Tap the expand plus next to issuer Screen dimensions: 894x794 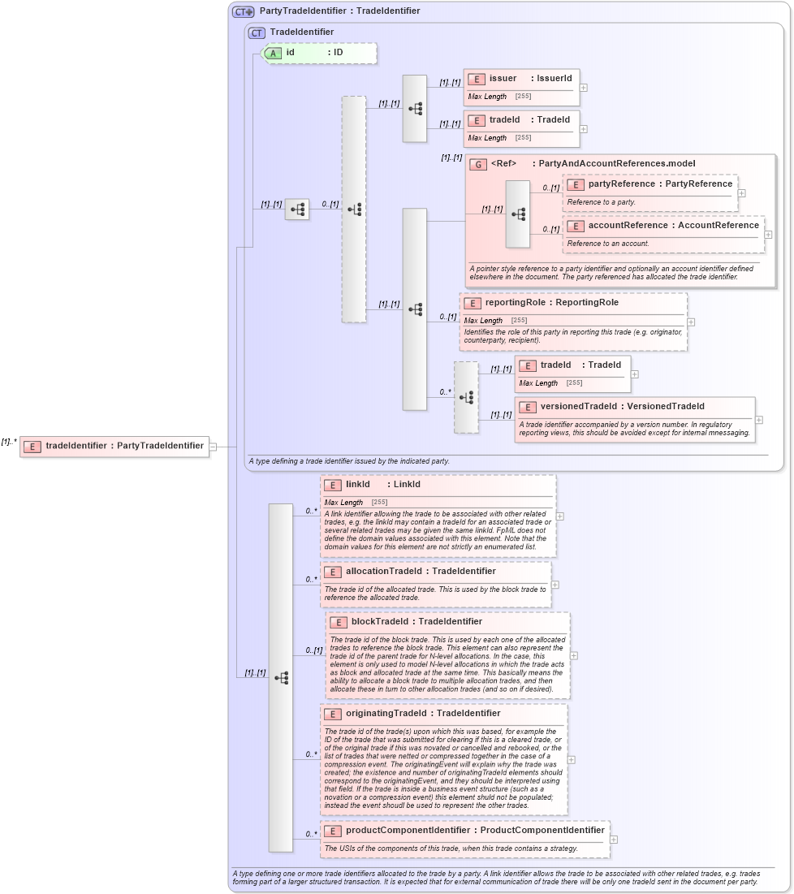tap(584, 88)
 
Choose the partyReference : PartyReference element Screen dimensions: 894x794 tap(650, 184)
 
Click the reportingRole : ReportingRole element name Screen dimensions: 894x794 tap(551, 303)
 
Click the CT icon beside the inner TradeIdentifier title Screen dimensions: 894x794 tap(257, 32)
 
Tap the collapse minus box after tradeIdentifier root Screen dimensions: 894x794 tap(213, 446)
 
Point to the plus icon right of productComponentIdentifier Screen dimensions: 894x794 tap(614, 840)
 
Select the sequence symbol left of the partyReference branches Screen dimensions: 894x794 tap(518, 214)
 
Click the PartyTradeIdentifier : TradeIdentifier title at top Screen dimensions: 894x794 tap(339, 11)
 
